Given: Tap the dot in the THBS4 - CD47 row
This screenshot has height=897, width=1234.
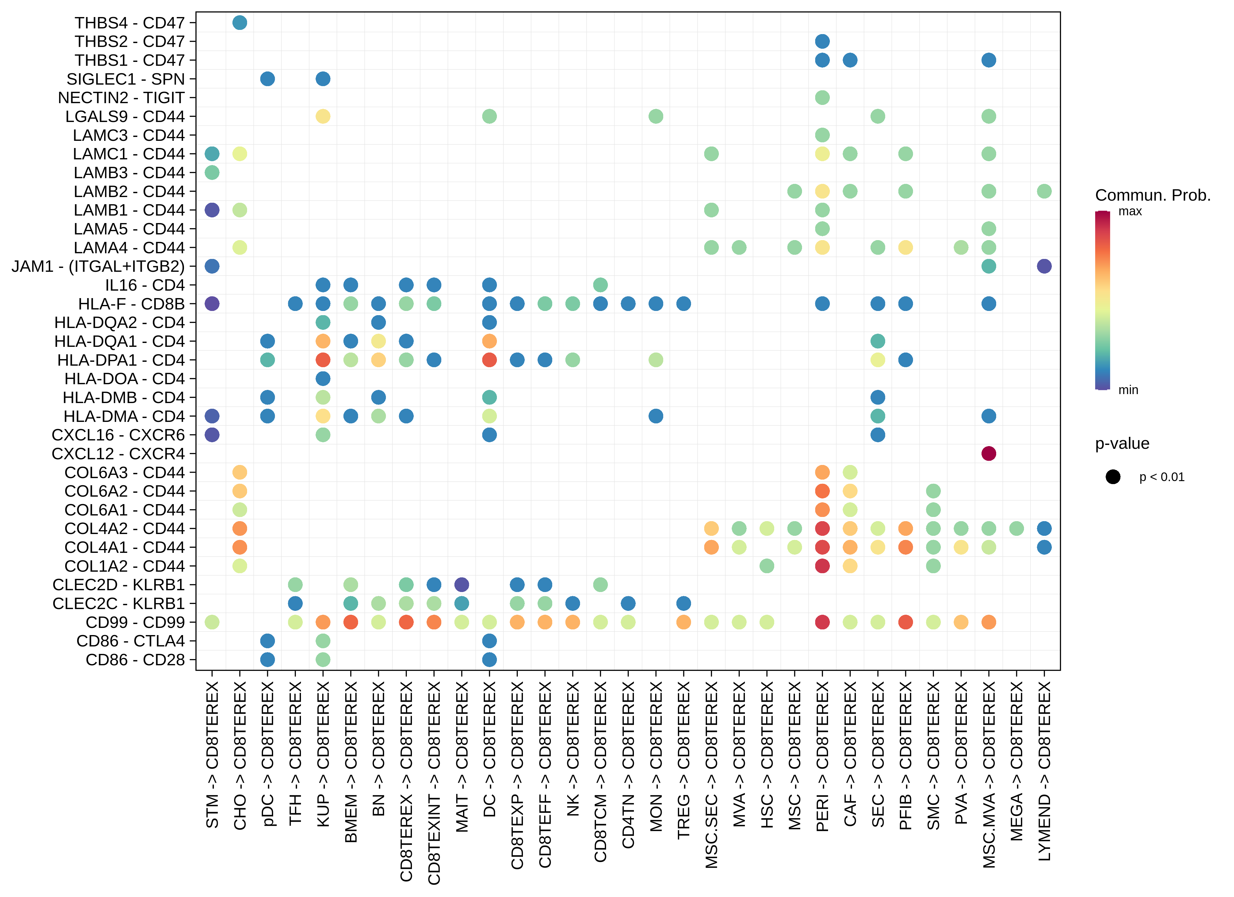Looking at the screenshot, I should pyautogui.click(x=239, y=23).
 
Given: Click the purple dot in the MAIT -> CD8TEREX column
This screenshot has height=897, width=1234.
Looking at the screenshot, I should pyautogui.click(x=461, y=585).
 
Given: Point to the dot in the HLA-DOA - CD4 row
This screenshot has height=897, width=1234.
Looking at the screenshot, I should pyautogui.click(x=323, y=379).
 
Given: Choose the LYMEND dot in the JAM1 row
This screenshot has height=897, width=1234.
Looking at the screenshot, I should pyautogui.click(x=1043, y=266).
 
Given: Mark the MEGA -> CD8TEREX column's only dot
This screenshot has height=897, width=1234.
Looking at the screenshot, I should pyautogui.click(x=1016, y=528).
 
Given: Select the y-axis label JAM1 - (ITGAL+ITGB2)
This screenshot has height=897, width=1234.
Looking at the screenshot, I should pyautogui.click(x=98, y=266).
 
